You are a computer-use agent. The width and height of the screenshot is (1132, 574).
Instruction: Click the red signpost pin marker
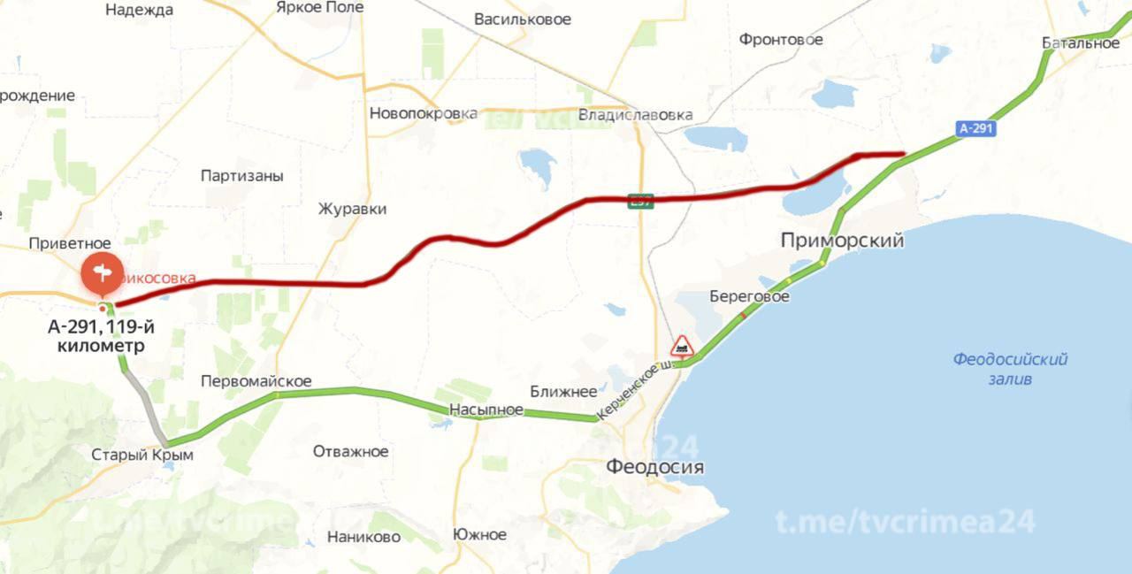point(103,273)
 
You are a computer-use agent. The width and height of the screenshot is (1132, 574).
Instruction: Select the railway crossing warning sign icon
point(681,346)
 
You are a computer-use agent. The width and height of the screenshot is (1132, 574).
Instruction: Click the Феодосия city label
point(654,467)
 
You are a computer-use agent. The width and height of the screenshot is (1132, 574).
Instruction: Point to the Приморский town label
point(842,241)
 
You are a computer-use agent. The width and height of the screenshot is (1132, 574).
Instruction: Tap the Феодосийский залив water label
point(1010,369)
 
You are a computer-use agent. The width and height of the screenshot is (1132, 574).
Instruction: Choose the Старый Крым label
point(141,455)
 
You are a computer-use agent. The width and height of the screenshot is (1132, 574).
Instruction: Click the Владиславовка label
point(634,115)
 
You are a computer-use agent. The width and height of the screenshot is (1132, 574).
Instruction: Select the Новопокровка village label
point(423,113)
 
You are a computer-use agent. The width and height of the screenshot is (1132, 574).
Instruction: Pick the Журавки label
point(353,210)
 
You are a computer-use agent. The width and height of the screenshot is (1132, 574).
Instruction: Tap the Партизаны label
point(241,176)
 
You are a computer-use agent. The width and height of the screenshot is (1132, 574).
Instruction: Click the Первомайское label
point(256,381)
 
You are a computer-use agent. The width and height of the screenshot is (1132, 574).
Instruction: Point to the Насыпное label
point(486,410)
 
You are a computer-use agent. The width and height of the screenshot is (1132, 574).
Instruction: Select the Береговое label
point(749,296)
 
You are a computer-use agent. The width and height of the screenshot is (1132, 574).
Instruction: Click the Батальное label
point(1080,42)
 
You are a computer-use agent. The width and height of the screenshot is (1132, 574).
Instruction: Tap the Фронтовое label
point(781,40)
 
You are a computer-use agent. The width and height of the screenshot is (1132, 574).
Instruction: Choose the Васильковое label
point(522,19)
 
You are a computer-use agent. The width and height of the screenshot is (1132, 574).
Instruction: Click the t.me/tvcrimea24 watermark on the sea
point(905,522)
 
